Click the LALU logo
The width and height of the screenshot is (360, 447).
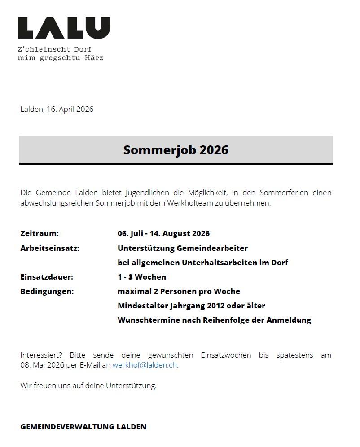(x=64, y=28)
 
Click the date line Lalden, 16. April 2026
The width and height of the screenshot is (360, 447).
(x=57, y=109)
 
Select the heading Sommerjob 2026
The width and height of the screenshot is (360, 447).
(x=176, y=150)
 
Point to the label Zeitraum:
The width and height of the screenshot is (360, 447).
(x=40, y=233)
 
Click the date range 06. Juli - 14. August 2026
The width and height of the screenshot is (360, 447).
(x=163, y=233)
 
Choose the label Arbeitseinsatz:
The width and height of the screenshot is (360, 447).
(x=50, y=248)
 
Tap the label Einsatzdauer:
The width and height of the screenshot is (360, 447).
(x=47, y=277)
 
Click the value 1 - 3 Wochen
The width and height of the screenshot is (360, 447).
(x=142, y=277)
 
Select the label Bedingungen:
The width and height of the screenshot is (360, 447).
(x=47, y=291)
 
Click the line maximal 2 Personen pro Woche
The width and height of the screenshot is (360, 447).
(x=179, y=291)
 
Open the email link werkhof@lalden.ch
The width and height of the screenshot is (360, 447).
(x=145, y=365)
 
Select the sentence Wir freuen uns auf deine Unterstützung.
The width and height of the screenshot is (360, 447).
(x=88, y=386)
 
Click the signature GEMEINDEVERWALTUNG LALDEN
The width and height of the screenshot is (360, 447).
(x=83, y=427)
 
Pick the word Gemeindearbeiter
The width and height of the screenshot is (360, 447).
(x=212, y=248)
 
